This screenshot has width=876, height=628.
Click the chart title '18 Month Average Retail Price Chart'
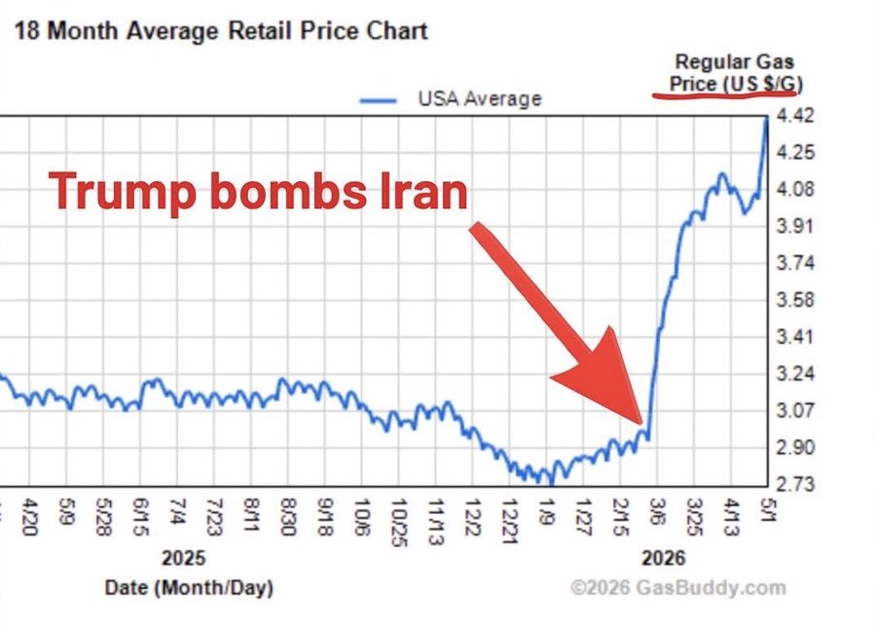221,31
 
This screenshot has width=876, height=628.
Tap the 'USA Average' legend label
480,99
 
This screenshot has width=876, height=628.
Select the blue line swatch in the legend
379,100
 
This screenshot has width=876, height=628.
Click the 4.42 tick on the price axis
795,116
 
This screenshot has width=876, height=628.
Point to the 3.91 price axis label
795,226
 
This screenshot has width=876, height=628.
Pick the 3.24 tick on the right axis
795,373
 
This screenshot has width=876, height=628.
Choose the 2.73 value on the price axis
795,483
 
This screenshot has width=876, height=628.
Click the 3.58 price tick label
795,300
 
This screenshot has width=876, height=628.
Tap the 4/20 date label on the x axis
29,517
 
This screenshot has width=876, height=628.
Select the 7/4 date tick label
176,512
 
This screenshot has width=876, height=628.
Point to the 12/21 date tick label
509,521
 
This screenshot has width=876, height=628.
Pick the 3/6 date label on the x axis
657,512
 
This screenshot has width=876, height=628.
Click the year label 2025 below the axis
183,558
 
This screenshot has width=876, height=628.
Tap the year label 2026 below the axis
663,558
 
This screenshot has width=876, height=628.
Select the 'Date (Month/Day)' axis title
189,588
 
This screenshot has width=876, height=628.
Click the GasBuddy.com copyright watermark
677,588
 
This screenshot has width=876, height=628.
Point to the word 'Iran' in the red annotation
423,191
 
